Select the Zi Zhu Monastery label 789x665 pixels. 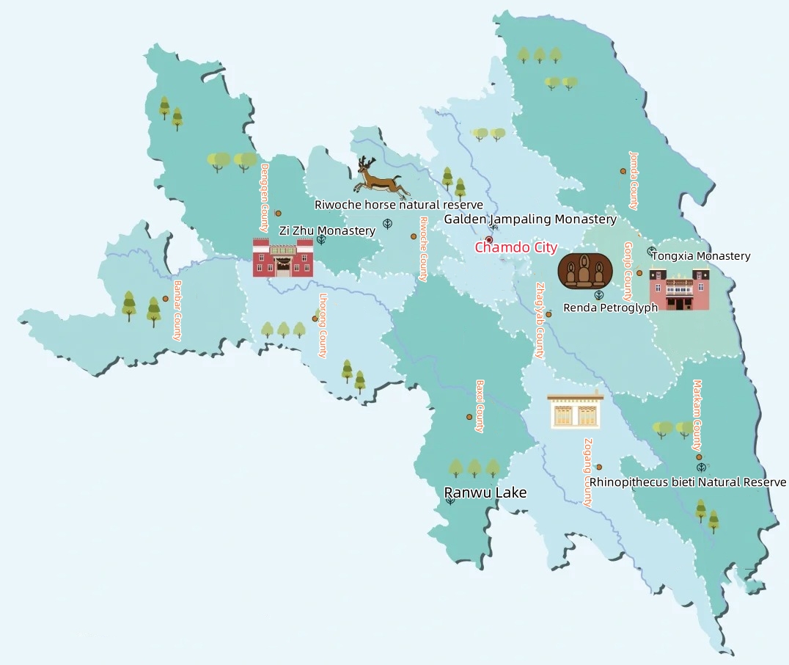click(x=327, y=230)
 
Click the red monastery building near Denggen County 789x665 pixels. click(x=283, y=258)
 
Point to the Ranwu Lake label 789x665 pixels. click(x=485, y=493)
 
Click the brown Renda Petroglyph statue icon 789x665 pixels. click(x=584, y=271)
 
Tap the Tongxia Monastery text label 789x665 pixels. click(x=701, y=256)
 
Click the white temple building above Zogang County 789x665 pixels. click(x=576, y=410)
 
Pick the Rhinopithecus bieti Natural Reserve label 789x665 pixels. click(x=688, y=482)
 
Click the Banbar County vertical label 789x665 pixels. click(x=177, y=310)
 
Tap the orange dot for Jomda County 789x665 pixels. click(x=623, y=171)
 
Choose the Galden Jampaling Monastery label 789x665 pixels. click(x=530, y=219)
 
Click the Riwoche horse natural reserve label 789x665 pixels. click(x=399, y=205)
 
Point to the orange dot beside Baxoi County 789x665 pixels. click(x=469, y=417)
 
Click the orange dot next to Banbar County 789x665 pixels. click(x=166, y=299)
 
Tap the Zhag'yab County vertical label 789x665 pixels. click(x=540, y=321)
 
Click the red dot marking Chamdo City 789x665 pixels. click(x=489, y=240)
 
